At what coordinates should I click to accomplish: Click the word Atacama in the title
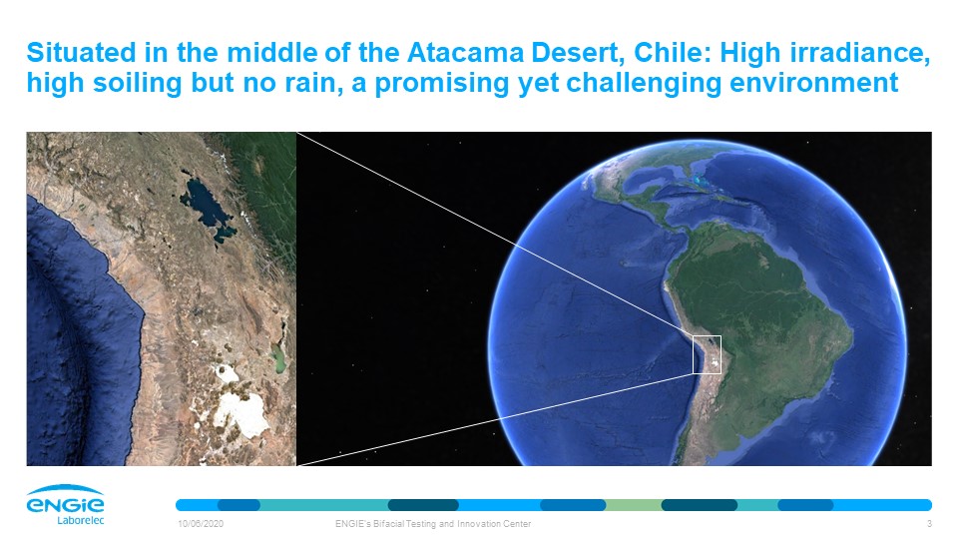(x=466, y=53)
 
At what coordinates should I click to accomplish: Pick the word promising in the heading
(x=442, y=84)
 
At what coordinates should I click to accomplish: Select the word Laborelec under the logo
(x=81, y=521)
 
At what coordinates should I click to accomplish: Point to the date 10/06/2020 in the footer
(x=201, y=524)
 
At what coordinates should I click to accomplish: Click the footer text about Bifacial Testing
(x=433, y=524)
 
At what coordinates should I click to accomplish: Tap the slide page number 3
(x=929, y=524)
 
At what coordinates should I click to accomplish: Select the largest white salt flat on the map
(x=241, y=412)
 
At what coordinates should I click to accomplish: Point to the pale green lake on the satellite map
(x=278, y=358)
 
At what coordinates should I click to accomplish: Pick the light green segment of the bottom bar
(x=634, y=505)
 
